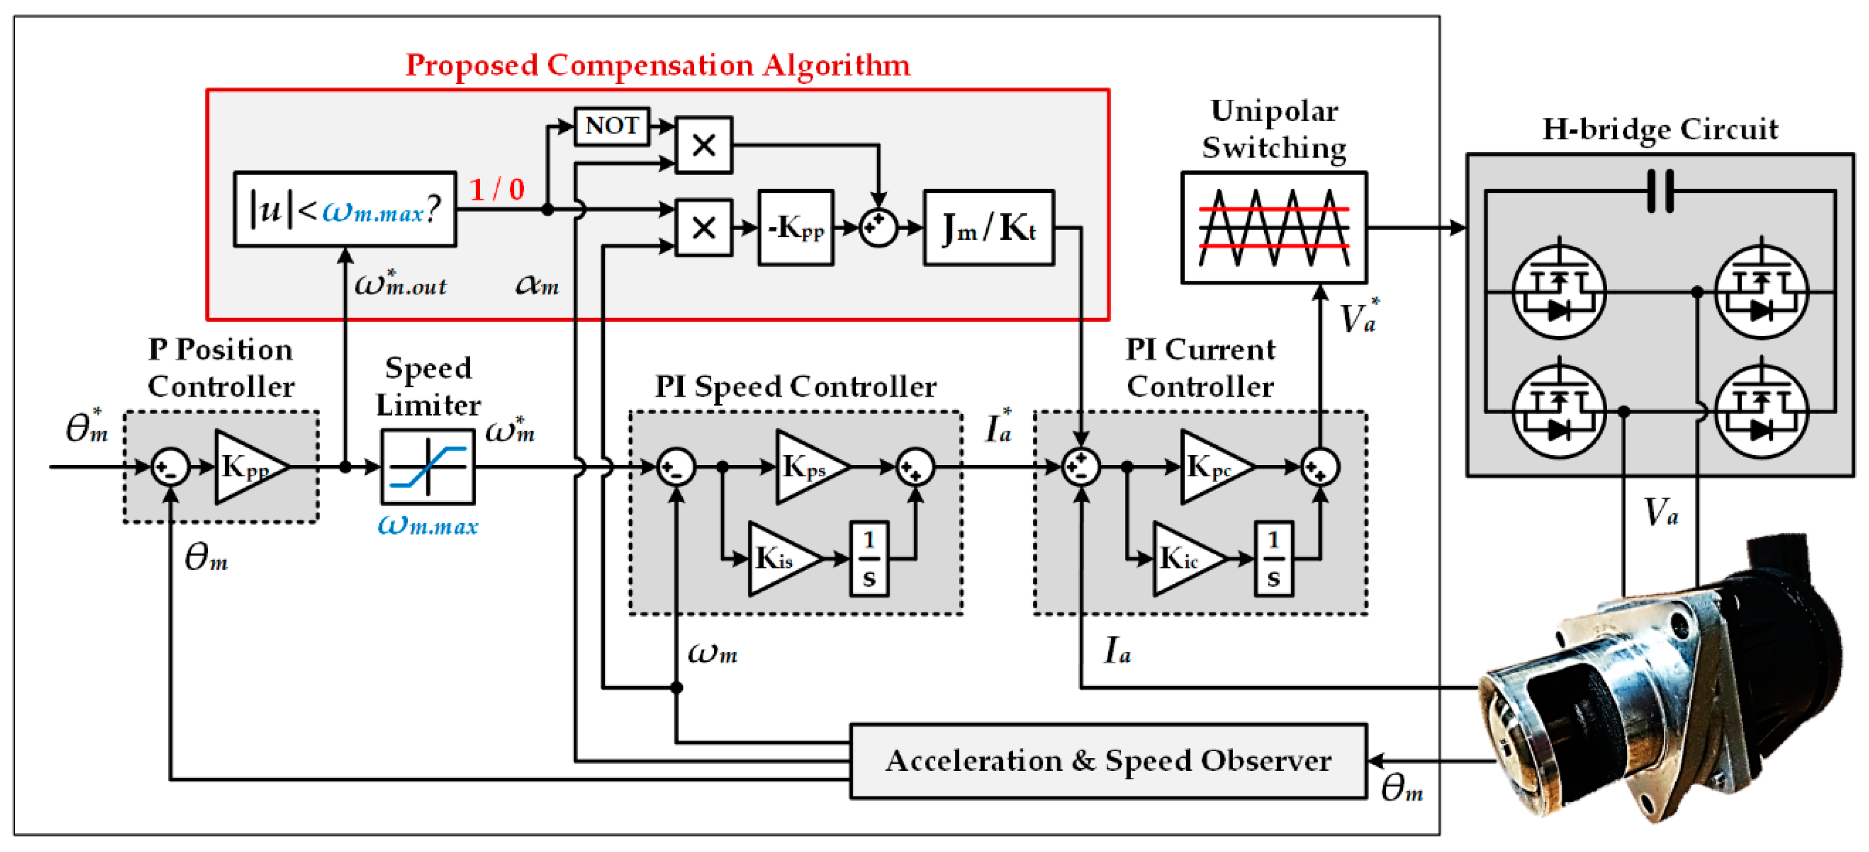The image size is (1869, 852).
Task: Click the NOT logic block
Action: click(x=611, y=126)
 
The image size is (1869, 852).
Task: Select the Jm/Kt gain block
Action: click(x=988, y=228)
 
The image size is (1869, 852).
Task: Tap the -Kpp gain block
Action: click(x=795, y=228)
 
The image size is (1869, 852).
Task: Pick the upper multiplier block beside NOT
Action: click(x=703, y=145)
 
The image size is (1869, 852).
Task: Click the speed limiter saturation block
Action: click(x=428, y=467)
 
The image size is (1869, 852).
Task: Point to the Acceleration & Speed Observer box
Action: click(x=1108, y=761)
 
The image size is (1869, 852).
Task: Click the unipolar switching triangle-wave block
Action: click(x=1274, y=228)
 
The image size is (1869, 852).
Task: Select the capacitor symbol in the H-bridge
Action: click(x=1660, y=191)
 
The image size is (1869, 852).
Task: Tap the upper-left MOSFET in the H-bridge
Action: click(x=1558, y=292)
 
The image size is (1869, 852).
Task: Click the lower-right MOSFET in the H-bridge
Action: click(x=1761, y=412)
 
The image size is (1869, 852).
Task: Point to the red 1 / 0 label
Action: click(x=497, y=190)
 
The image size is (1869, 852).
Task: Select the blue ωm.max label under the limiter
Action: click(x=428, y=525)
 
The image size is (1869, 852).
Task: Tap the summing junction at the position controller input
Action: click(x=170, y=467)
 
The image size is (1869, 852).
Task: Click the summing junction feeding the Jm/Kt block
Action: click(x=878, y=228)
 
